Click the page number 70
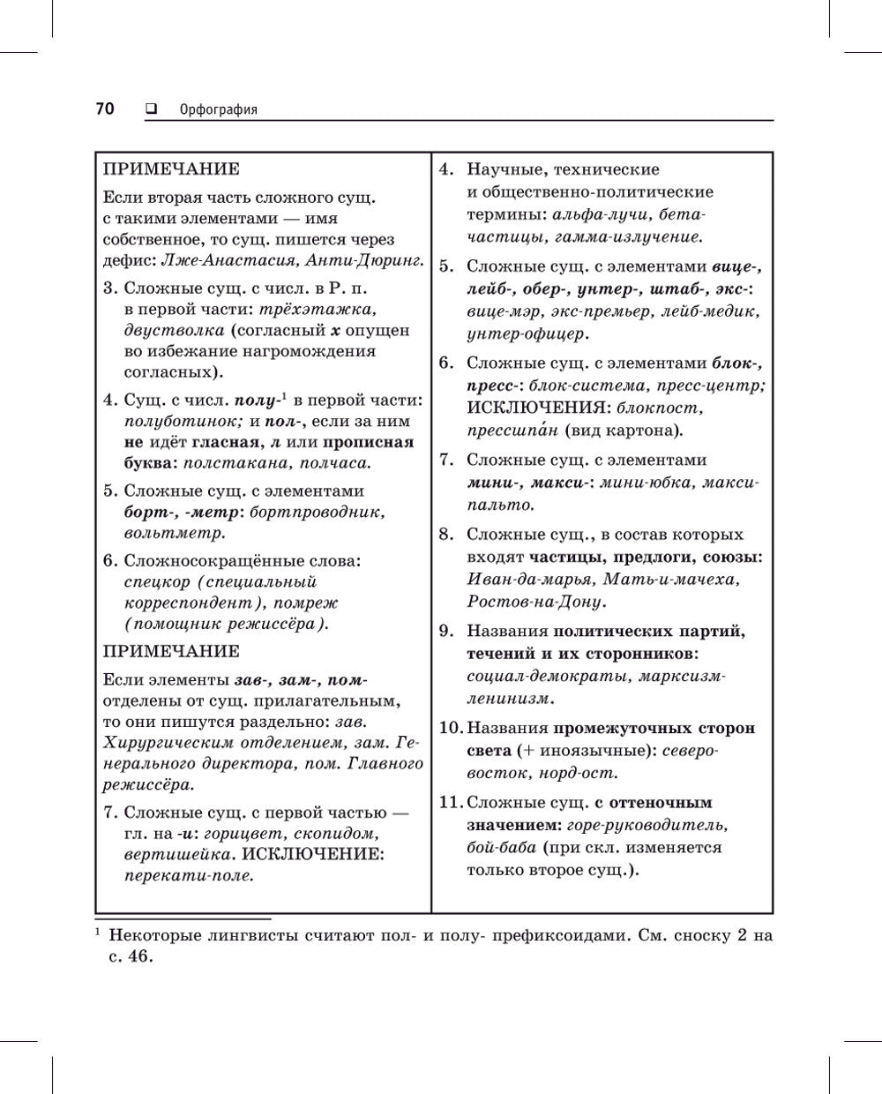(x=104, y=109)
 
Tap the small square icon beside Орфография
(x=150, y=109)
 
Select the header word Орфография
(x=218, y=110)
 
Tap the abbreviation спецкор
(x=156, y=582)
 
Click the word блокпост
(x=659, y=408)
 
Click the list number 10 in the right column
(x=451, y=729)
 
